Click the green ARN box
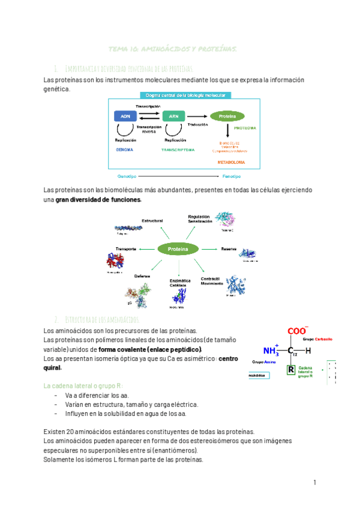tap(173, 115)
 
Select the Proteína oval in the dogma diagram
tap(227, 116)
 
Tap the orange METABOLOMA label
tap(231, 162)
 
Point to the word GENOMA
tap(125, 150)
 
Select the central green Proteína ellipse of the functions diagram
tap(178, 248)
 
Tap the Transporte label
tap(125, 248)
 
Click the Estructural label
tap(152, 221)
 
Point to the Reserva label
tap(229, 248)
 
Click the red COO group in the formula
tap(298, 331)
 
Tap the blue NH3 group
tap(272, 351)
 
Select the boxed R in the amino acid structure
tap(291, 370)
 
